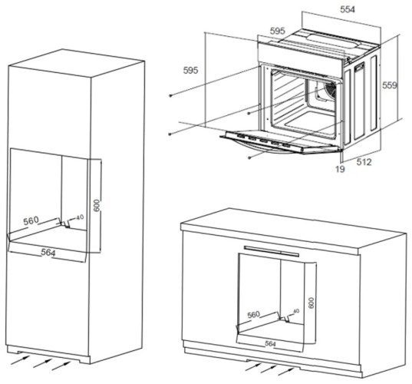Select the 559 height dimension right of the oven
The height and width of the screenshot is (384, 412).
(391, 88)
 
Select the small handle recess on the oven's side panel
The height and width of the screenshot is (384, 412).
(359, 70)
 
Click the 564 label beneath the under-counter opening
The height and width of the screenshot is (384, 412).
(270, 343)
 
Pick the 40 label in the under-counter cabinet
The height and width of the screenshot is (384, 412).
(295, 312)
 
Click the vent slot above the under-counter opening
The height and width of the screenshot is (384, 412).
(270, 247)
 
